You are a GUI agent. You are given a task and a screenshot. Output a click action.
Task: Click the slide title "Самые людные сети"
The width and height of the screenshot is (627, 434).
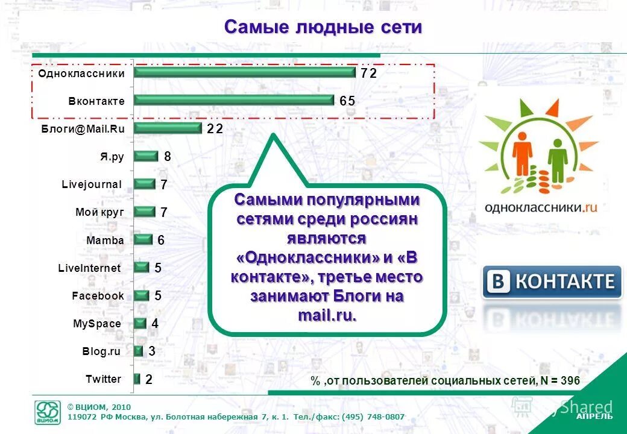(323, 27)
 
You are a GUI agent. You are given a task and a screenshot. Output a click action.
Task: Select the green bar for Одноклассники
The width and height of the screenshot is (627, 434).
(244, 72)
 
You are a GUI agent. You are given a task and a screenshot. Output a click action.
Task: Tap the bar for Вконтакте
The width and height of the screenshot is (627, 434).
(233, 100)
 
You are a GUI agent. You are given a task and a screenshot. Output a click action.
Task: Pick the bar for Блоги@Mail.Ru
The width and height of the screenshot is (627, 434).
(167, 128)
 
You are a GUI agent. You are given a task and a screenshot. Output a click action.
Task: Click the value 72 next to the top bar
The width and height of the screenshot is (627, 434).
(368, 73)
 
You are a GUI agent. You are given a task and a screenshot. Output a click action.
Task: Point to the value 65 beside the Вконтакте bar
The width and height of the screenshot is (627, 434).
(347, 101)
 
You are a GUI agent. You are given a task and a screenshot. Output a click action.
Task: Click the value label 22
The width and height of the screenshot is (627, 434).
(215, 128)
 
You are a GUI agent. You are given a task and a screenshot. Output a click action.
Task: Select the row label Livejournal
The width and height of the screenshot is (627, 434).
(92, 184)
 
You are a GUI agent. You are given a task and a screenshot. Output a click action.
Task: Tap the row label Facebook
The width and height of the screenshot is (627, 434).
(98, 296)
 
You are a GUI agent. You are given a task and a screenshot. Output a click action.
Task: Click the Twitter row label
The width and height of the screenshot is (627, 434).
(103, 379)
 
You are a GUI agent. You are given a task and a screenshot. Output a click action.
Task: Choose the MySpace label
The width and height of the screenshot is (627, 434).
(97, 324)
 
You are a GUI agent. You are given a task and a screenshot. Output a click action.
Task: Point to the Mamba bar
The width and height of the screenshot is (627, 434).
(143, 240)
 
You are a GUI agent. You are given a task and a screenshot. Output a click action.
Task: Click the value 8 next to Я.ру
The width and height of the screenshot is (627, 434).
(168, 157)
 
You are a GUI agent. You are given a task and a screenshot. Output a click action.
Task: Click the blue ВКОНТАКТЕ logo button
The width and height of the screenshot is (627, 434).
(552, 281)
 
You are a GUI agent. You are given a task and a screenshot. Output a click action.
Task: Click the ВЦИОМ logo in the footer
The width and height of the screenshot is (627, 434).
(48, 413)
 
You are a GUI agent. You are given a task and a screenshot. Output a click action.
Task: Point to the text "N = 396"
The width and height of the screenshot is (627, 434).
(560, 380)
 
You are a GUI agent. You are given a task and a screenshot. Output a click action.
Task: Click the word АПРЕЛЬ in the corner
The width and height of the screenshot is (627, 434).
(594, 417)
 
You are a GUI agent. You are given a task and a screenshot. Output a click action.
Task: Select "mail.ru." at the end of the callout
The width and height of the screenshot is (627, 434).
(327, 315)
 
